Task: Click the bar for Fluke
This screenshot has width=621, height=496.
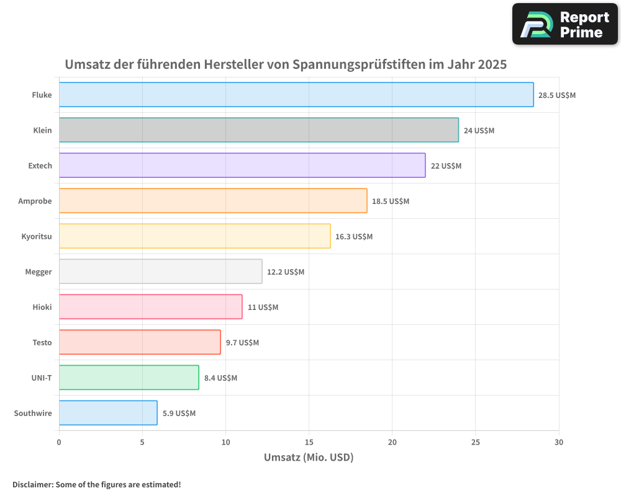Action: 296,95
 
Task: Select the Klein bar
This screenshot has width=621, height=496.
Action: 259,130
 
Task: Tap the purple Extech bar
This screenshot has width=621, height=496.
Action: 242,166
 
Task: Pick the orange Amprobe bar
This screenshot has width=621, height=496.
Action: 213,201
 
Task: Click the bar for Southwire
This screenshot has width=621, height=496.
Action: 108,413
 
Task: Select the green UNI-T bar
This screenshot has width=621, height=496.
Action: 129,378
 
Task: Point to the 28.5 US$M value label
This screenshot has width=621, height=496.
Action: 557,95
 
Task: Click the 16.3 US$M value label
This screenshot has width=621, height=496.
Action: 354,237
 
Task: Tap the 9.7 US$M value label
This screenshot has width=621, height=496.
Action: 242,343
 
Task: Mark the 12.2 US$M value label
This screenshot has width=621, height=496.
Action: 286,272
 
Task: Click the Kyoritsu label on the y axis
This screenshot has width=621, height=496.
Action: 37,236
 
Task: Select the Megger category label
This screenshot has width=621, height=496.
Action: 39,272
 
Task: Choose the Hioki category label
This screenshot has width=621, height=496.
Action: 42,307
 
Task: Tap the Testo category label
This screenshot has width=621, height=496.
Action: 42,342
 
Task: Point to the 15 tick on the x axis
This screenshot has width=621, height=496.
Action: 309,442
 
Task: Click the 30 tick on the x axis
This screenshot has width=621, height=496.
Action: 559,442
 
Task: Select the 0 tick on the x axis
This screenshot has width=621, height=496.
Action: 59,442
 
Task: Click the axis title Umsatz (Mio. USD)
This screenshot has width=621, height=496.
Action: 309,458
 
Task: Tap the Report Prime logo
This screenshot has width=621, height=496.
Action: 565,24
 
